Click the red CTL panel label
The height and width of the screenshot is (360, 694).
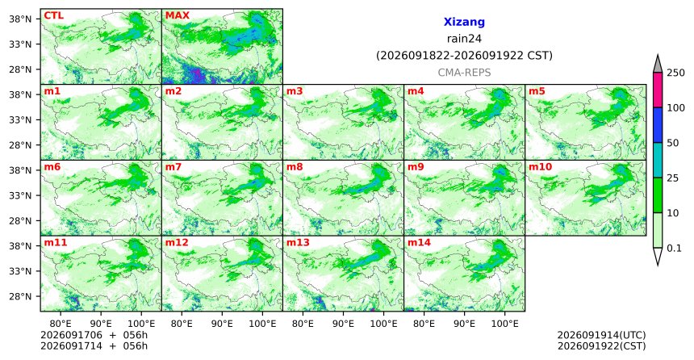point(53,16)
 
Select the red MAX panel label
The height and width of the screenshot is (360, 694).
point(177,16)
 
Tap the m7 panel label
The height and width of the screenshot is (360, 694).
point(173,167)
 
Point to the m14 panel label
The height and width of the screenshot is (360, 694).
point(419,243)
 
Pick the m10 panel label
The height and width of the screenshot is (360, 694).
point(540,167)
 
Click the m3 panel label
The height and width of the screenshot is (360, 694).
point(295,92)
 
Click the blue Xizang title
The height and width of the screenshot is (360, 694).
point(464,22)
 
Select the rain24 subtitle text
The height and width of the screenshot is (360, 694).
point(464,39)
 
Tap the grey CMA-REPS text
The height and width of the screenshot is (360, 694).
point(464,73)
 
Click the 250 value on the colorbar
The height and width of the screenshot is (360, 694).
point(675,73)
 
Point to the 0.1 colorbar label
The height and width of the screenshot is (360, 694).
point(674,249)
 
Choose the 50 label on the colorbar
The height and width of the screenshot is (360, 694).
point(672,143)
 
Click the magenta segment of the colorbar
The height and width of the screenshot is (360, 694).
point(657,90)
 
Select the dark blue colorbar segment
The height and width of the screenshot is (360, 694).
point(657,125)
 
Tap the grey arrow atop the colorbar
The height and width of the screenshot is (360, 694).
point(657,64)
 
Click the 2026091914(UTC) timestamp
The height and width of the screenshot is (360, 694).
point(601,335)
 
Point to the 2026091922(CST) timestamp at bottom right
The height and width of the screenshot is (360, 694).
point(601,346)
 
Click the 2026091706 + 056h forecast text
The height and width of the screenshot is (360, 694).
point(94,335)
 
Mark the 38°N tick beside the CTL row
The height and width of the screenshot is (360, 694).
point(20,19)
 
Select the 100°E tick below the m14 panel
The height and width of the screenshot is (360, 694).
point(504,324)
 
